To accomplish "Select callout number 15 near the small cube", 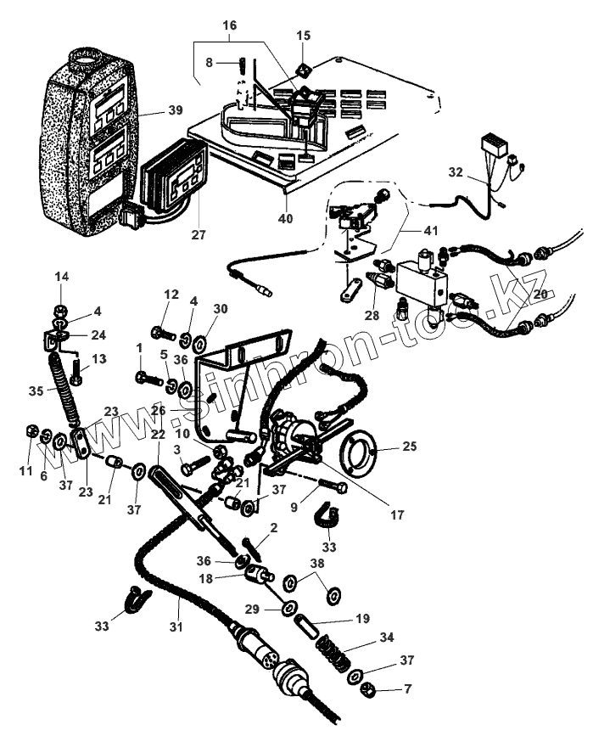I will coord(304,36).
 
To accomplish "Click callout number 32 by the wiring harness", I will coord(456,171).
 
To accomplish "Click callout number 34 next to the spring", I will coord(386,637).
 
